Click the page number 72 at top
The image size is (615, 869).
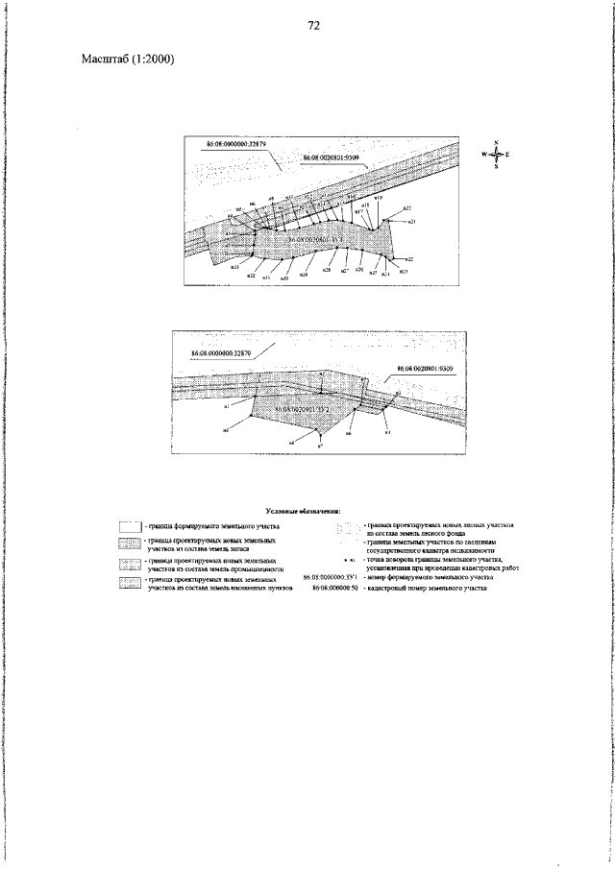coord(313,26)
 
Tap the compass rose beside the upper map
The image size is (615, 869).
coord(495,155)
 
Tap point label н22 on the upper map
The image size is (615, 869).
coord(409,259)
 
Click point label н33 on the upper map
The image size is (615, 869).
coord(234,266)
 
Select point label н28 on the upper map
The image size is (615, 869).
coord(327,270)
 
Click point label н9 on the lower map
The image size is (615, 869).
coord(226,431)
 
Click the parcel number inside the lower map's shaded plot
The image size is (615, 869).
coord(304,410)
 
